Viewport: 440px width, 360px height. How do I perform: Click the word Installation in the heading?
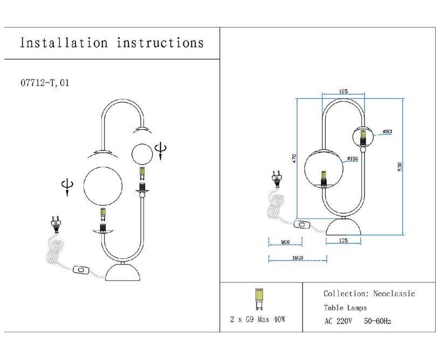[x=63, y=43]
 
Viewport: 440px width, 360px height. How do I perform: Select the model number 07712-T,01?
[x=44, y=83]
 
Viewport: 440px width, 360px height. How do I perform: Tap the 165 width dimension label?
[x=342, y=92]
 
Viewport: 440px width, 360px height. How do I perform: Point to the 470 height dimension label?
[x=294, y=159]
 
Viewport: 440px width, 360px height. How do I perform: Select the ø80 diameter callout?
[x=387, y=132]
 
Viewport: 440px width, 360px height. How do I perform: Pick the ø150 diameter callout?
[x=353, y=159]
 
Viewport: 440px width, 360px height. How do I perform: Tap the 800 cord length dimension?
[x=285, y=241]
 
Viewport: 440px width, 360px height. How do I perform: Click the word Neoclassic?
[x=394, y=294]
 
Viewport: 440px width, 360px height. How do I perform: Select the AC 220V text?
[x=338, y=321]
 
